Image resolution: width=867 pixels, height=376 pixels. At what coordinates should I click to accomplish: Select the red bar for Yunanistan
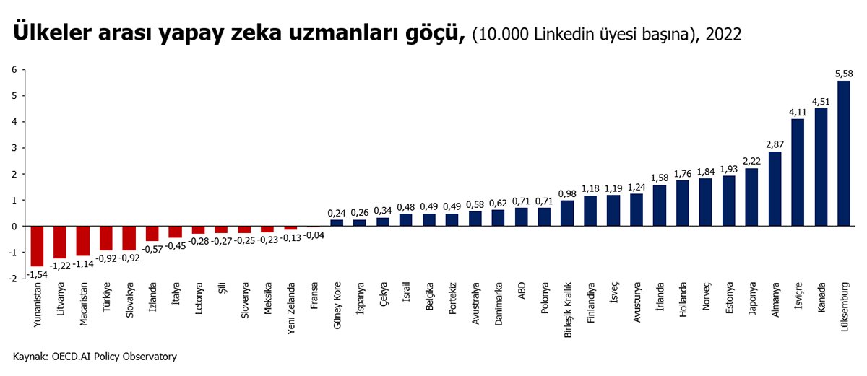pos(37,246)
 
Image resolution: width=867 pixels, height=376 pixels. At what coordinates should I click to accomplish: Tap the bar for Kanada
pos(820,167)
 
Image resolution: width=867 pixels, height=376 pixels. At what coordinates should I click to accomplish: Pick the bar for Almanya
pos(775,188)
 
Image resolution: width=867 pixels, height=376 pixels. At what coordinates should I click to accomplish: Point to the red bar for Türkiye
pos(106,238)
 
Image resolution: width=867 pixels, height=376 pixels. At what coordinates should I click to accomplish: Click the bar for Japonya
pos(751,197)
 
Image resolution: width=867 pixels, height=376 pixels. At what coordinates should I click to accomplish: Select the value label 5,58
pos(843,74)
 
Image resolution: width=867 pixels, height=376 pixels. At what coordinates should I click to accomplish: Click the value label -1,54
pos(36,273)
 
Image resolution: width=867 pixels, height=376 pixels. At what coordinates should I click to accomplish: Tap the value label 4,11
pos(797,112)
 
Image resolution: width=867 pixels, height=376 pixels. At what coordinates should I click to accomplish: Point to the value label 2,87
pos(775,144)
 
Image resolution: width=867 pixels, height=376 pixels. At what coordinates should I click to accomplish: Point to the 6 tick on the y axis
pos(13,70)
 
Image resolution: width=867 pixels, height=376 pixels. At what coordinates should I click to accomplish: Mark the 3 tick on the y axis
pos(13,148)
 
